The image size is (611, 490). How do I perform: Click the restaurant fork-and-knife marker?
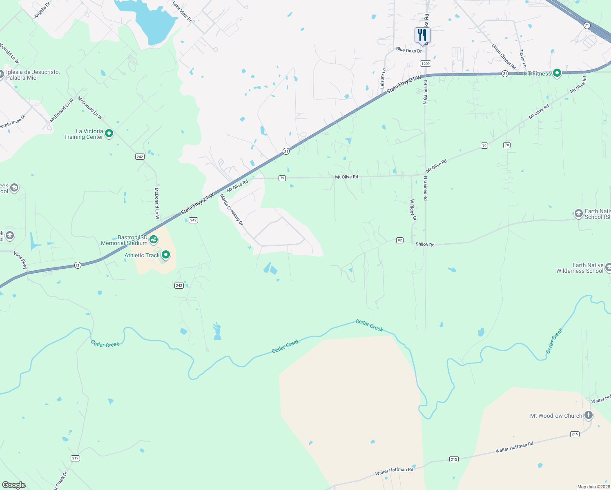tap(422, 36)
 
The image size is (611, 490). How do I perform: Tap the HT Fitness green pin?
tap(557, 73)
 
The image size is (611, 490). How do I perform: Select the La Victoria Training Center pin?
tap(109, 134)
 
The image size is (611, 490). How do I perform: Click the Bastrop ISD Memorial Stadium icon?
tap(154, 239)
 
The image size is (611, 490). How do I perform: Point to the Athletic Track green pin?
tap(166, 255)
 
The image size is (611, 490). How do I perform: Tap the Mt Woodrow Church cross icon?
tap(589, 415)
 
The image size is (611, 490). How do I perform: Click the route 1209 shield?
tap(426, 63)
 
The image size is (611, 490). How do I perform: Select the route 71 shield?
tap(587, 25)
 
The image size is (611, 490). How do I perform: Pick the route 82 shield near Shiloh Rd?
tap(400, 240)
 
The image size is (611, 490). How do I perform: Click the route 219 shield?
tap(75, 458)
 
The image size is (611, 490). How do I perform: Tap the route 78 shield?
tap(507, 145)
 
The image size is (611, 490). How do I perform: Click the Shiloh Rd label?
tap(425, 245)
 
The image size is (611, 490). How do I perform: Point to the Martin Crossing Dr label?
tap(232, 210)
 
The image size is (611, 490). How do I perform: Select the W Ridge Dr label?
tap(413, 210)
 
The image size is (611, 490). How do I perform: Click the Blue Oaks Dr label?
tap(409, 50)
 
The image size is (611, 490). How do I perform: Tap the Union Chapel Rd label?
tap(504, 57)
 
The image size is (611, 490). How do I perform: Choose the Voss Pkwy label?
tap(20, 261)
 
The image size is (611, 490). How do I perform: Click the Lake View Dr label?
tap(182, 11)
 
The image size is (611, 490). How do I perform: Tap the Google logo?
tap(14, 485)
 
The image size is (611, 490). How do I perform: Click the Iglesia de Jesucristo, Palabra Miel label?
tap(33, 75)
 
